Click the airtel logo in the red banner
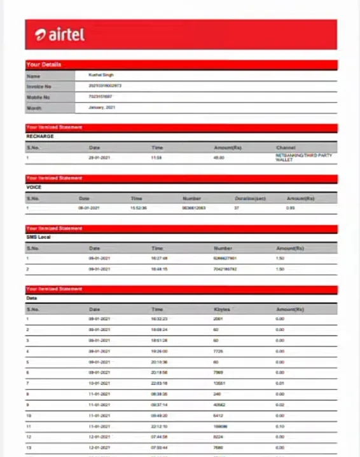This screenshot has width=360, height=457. (x=60, y=34)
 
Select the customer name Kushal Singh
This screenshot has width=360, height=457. (x=101, y=75)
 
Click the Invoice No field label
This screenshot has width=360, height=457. (x=39, y=86)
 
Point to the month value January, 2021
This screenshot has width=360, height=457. (x=102, y=107)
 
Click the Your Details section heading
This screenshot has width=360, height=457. (x=44, y=65)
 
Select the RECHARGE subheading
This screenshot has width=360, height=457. (x=40, y=137)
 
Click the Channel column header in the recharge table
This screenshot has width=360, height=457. (x=286, y=147)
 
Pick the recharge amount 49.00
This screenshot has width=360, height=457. (x=219, y=158)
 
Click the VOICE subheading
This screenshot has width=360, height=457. (x=34, y=188)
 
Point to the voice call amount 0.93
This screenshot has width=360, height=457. (x=290, y=208)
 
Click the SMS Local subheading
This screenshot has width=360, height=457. (x=38, y=238)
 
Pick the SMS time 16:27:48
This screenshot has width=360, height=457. (x=159, y=259)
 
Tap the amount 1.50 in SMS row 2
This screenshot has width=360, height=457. (x=280, y=269)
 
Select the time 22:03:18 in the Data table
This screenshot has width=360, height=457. (x=159, y=383)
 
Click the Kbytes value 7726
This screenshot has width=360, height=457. (x=218, y=351)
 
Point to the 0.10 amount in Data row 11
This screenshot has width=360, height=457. (x=280, y=426)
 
